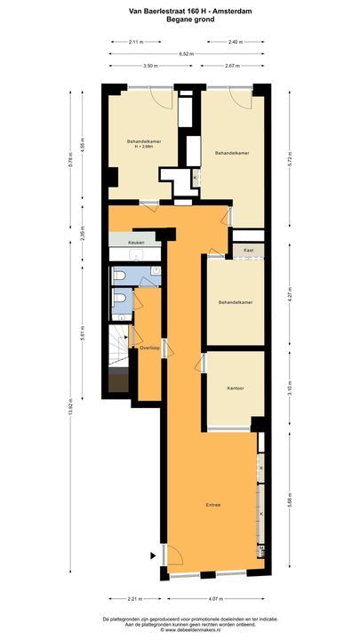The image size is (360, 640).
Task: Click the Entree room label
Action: (x=212, y=506)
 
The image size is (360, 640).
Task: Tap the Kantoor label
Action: (x=235, y=388)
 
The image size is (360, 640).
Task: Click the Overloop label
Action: (x=149, y=348)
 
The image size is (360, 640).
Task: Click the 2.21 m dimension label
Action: (x=134, y=598)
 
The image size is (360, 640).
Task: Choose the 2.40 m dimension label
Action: (x=234, y=42)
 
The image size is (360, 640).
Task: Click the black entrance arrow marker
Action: (x=154, y=557)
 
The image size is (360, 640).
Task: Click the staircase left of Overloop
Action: (x=117, y=356)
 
